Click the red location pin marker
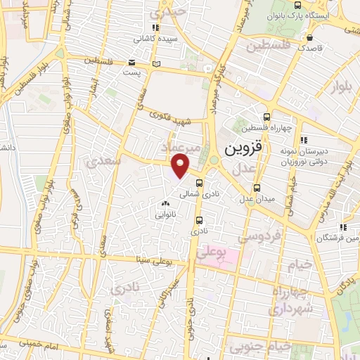tap(181, 165)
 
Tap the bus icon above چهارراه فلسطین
tap(266, 117)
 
